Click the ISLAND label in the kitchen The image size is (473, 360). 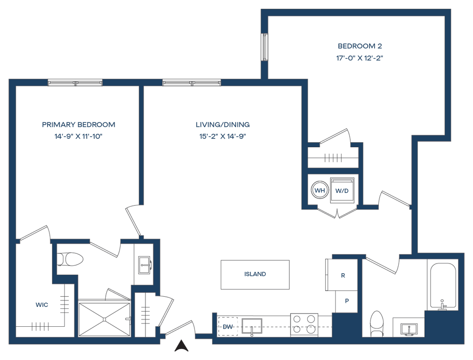coord(255,274)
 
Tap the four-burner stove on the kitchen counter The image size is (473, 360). coord(304,324)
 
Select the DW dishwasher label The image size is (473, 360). coord(227,327)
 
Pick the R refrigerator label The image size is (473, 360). coord(343,276)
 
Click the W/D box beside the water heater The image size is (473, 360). coord(342,191)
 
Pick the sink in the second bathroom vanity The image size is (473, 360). coord(408,328)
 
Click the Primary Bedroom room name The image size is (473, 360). coord(79,125)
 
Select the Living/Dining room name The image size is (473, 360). coord(223,125)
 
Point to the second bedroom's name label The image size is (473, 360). coord(360,46)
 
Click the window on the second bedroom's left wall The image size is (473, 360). coord(265,46)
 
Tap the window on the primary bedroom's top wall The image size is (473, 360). coord(75,83)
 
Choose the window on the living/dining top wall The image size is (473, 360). coord(192,83)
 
